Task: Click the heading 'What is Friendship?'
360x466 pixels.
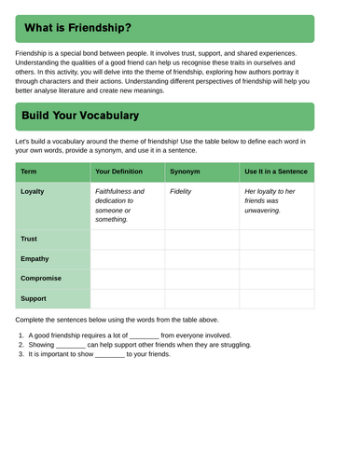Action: [x=77, y=29]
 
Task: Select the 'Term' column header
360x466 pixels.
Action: [x=29, y=171]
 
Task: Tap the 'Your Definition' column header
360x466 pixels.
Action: [x=119, y=171]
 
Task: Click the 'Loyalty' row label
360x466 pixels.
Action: [x=33, y=192]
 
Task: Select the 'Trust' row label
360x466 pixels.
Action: [x=28, y=240]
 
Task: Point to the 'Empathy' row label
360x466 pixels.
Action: [x=35, y=259]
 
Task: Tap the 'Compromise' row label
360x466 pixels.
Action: [x=41, y=279]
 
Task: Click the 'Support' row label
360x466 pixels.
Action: [x=34, y=298]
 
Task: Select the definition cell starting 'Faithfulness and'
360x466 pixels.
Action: [x=120, y=205]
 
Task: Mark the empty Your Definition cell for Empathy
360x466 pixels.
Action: [x=128, y=259]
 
